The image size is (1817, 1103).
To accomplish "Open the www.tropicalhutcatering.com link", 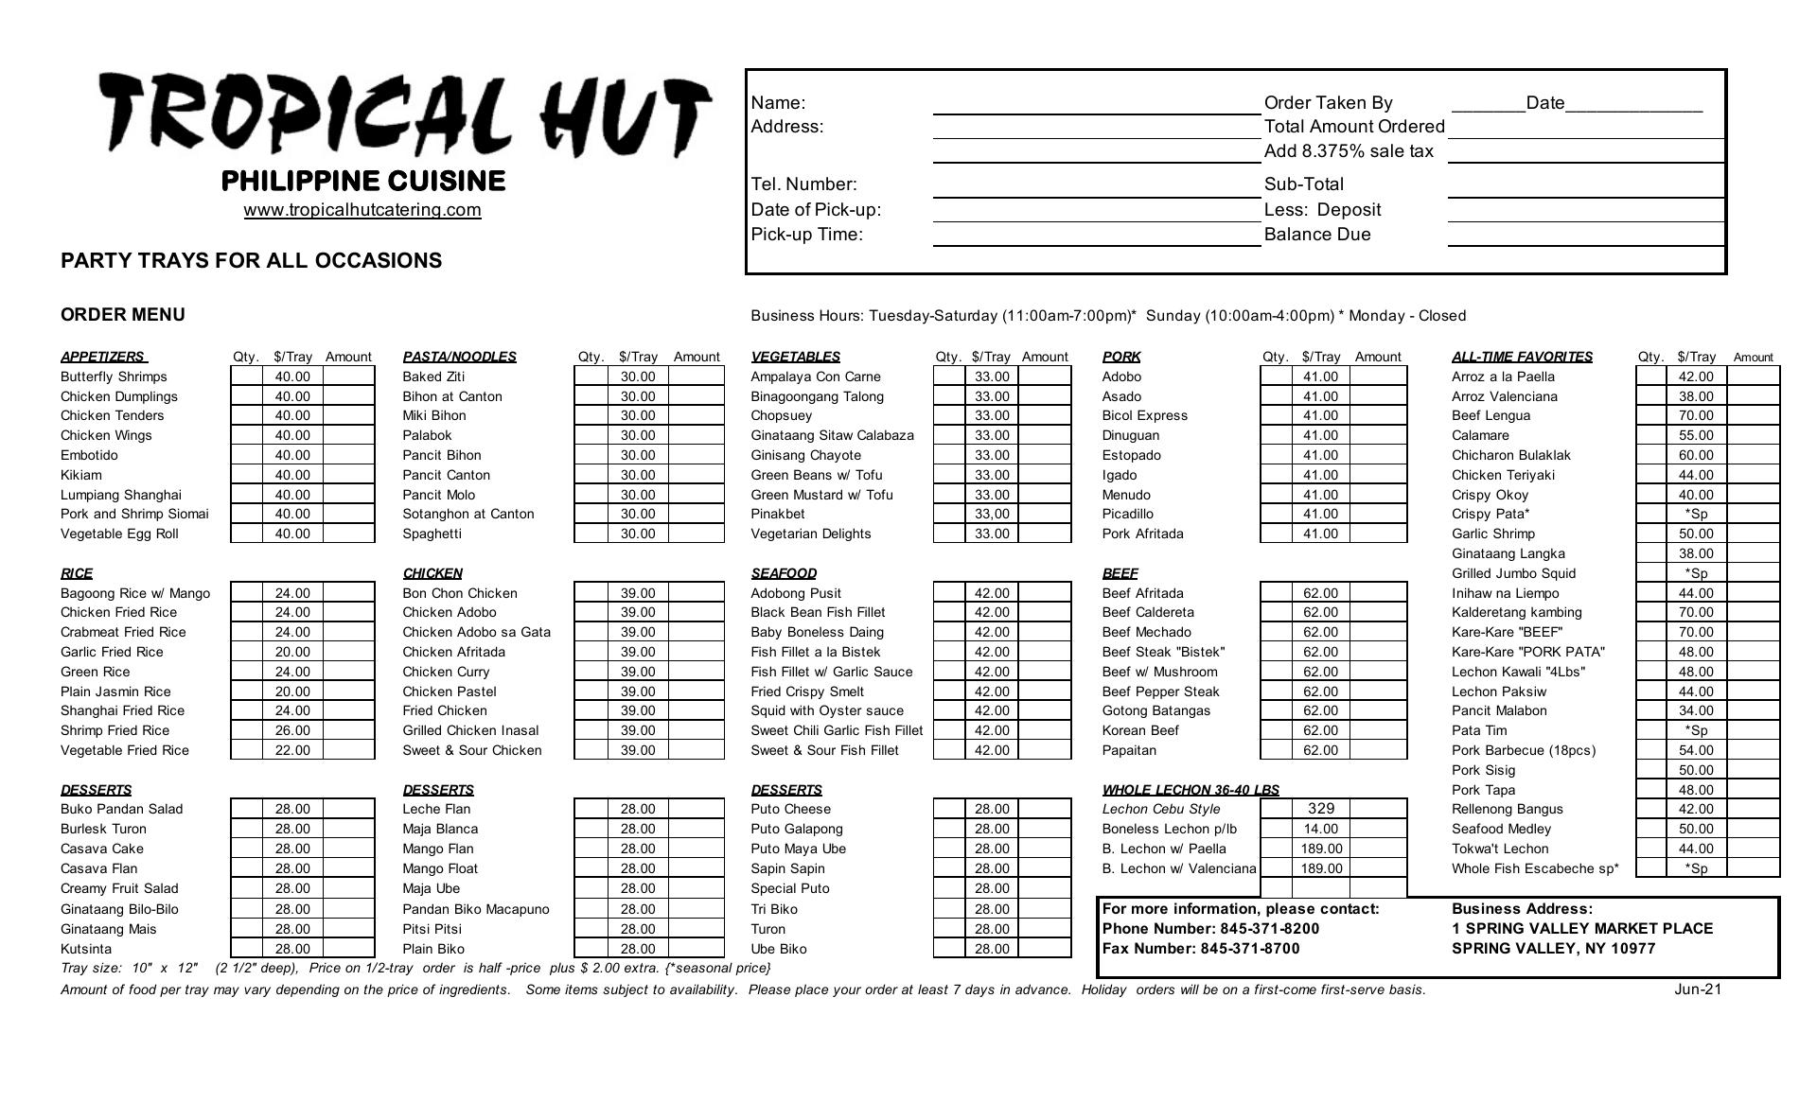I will coord(362,210).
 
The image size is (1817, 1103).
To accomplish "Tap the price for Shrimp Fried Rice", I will coord(292,730).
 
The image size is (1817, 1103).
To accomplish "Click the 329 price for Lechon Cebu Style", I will coord(1320,809).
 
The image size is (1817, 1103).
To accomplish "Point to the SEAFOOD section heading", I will coord(784,573).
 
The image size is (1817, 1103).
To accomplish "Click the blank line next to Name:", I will coord(1096,103).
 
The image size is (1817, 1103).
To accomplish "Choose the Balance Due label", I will coord(1316,235).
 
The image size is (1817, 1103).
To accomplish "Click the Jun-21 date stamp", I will coord(1698,989).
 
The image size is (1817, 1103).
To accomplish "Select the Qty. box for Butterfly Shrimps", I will coord(246,376).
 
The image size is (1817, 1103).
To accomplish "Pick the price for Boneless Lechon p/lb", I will coord(1320,829).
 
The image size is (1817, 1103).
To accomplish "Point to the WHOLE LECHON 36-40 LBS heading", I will coord(1190,790).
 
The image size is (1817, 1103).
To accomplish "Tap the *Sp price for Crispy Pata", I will coord(1695,514).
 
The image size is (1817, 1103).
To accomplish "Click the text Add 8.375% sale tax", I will coord(1348,151).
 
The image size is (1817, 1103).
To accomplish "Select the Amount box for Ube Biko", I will coord(1044,949).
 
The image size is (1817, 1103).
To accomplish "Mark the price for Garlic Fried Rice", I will coord(292,652).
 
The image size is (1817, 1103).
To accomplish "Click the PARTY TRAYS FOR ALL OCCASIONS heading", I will coord(251,261).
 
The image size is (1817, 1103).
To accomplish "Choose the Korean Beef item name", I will coord(1139,730).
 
